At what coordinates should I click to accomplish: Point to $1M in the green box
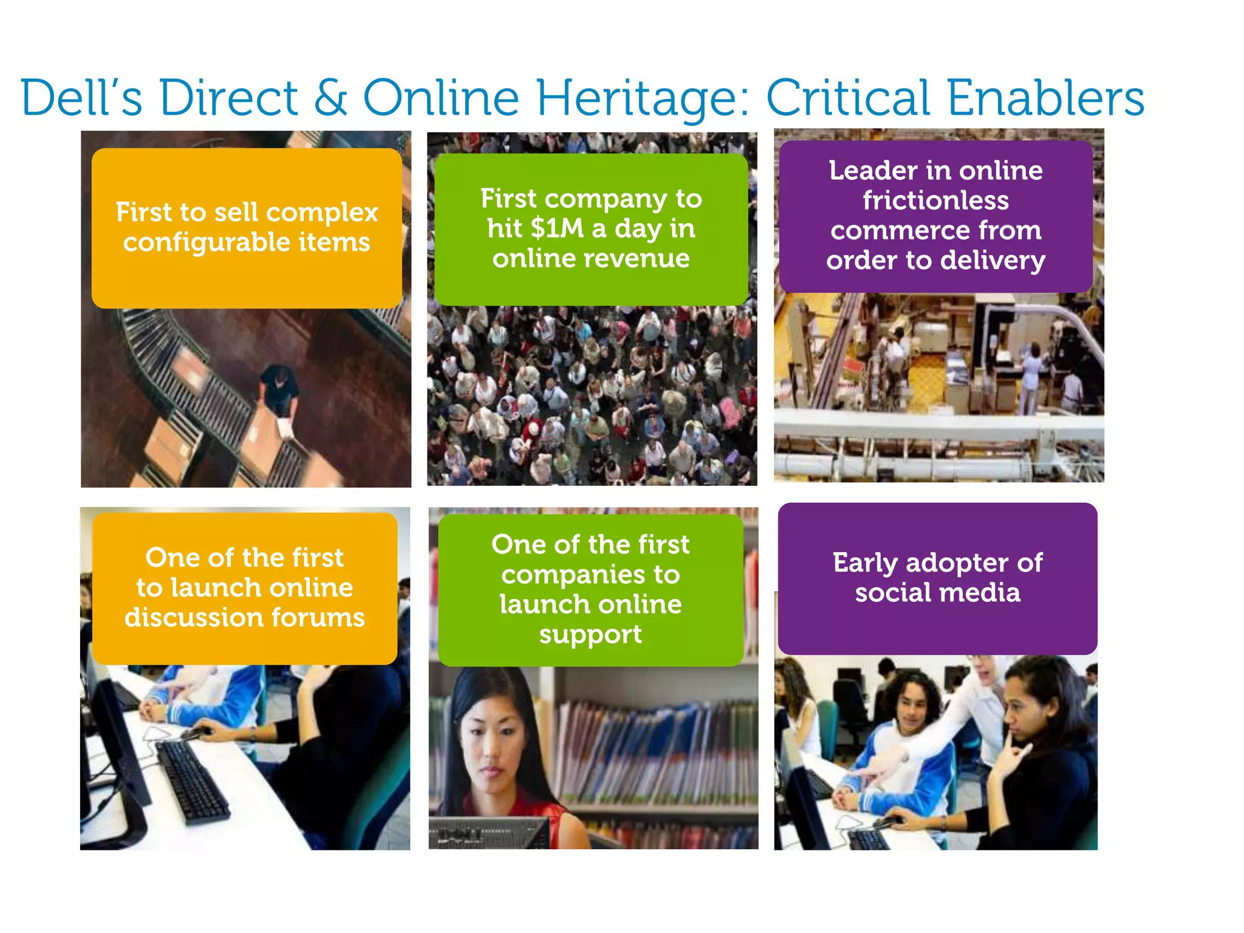pos(556,228)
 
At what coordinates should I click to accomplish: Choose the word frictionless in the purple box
pos(935,200)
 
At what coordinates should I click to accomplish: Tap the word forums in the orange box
pos(318,618)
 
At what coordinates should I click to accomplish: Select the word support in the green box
pos(590,635)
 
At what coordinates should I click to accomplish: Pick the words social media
pos(937,593)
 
